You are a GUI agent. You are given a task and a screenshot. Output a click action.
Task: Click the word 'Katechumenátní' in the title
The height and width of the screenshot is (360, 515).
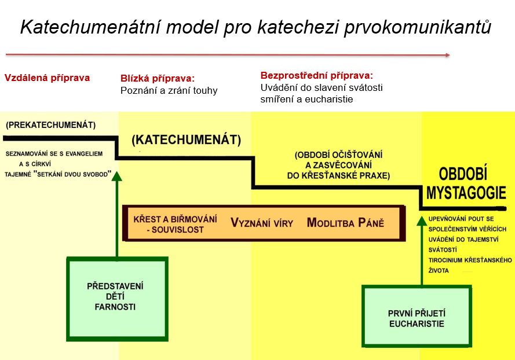[91, 27]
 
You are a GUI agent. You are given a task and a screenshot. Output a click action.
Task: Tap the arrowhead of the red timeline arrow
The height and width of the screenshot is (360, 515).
[448, 55]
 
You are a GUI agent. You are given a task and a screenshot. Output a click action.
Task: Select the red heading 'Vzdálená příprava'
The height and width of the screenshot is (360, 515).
[47, 78]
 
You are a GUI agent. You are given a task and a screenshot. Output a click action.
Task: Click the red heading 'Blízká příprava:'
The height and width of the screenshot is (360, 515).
[158, 79]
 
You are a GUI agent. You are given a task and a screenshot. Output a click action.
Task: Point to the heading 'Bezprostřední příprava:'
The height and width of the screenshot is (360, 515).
[317, 76]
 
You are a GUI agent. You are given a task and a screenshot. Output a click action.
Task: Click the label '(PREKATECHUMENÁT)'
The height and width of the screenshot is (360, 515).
[50, 125]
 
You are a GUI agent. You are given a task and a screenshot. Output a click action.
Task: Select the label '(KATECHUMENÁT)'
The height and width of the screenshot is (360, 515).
[186, 140]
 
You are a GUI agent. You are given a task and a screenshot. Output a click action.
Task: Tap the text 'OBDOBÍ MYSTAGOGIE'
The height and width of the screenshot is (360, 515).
[466, 183]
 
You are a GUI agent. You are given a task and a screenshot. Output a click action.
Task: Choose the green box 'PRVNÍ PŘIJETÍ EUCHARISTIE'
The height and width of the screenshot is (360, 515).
[417, 316]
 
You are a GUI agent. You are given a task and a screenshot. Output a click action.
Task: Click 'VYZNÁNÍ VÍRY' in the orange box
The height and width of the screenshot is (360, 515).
[262, 223]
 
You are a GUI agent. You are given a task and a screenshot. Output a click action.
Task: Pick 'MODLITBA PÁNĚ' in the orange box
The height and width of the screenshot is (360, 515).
[345, 223]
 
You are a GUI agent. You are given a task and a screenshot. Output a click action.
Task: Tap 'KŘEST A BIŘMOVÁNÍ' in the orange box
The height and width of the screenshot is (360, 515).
[175, 219]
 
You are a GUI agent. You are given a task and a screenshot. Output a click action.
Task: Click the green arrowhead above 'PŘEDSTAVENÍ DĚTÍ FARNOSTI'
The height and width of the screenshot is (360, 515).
[116, 177]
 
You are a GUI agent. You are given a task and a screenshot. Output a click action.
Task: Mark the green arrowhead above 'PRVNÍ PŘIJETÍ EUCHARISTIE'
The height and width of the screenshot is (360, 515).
[421, 221]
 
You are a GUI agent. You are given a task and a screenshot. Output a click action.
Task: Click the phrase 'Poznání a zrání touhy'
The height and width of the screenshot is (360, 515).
[169, 90]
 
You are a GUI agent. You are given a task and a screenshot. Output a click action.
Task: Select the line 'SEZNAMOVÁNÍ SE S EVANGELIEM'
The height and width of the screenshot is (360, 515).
[54, 153]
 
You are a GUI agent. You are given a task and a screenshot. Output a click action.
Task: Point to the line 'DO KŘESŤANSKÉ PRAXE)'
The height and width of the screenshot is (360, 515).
[338, 175]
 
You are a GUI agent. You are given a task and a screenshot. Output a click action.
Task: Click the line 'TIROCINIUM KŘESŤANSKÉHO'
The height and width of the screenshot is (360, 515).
[470, 260]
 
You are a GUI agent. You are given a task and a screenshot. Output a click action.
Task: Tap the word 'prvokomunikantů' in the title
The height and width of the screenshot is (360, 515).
[418, 27]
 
